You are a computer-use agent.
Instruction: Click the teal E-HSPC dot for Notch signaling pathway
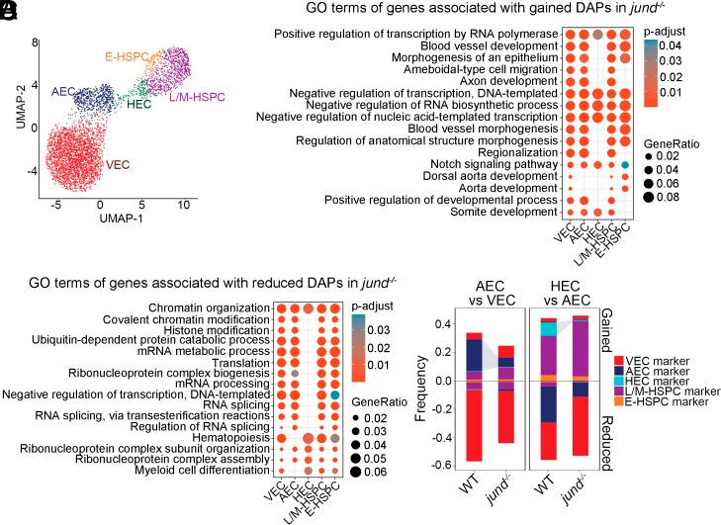(625, 164)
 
